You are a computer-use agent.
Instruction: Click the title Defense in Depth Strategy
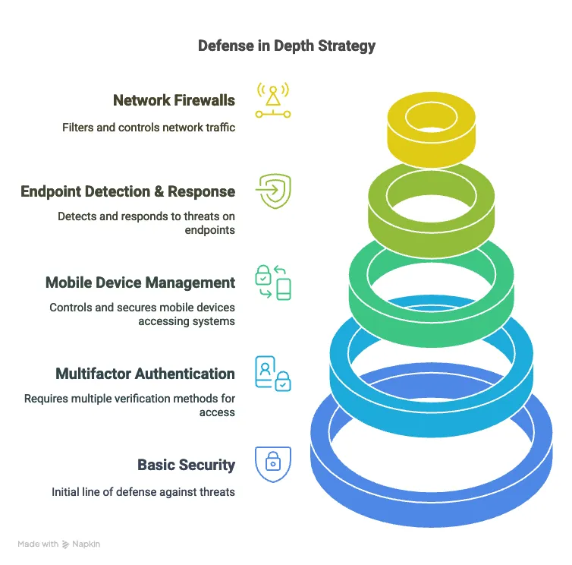pos(286,46)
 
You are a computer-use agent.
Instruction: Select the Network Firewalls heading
pos(174,100)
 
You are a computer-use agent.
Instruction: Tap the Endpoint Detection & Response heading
pos(127,191)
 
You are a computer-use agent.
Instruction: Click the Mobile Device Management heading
pos(140,282)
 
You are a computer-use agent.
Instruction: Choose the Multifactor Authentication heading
pos(145,374)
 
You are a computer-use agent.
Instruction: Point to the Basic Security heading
pos(186,465)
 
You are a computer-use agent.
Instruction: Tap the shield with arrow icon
pos(273,191)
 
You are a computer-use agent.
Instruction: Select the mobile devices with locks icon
pos(273,282)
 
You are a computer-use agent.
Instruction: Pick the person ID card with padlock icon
pos(273,373)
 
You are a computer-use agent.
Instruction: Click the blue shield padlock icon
pos(273,464)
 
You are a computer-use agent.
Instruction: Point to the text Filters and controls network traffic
pos(149,128)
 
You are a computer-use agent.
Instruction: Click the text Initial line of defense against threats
pos(143,492)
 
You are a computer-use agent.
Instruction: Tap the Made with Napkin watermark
pos(59,544)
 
